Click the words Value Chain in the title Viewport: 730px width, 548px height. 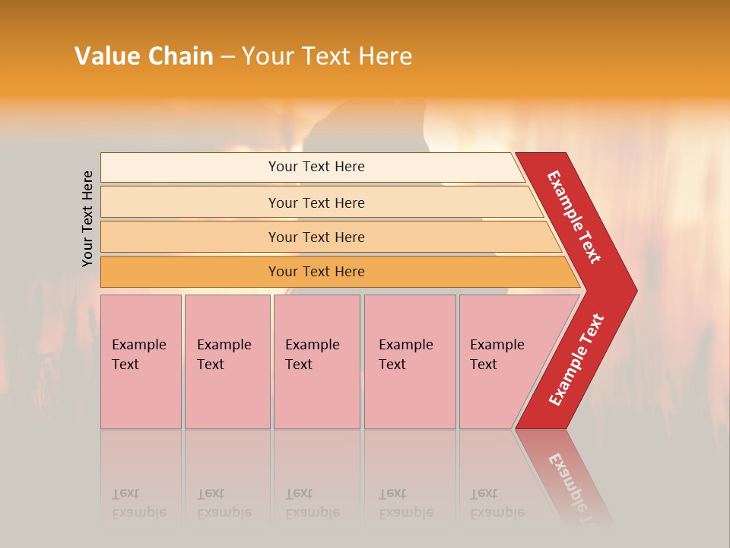point(144,56)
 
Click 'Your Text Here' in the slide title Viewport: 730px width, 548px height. point(327,56)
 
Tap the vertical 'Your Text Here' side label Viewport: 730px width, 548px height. point(87,218)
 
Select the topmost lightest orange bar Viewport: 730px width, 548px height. point(316,167)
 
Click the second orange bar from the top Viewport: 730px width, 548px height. point(316,202)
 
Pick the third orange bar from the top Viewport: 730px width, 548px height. point(316,237)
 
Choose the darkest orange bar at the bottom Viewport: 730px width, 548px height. point(316,272)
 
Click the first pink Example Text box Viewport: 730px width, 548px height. point(141,362)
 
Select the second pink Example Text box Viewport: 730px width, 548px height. point(227,362)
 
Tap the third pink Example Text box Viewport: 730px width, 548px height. point(316,362)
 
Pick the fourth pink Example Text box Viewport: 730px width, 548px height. point(409,362)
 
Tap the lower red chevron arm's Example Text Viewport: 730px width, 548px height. point(576,360)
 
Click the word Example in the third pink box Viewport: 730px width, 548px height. point(312,345)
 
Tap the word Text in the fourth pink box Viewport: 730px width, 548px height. point(392,365)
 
